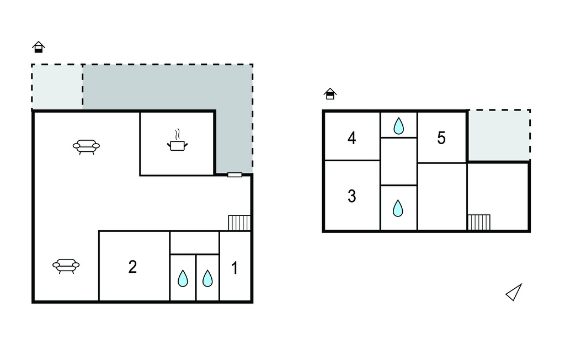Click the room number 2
point(132,267)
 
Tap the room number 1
point(234,268)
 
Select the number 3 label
point(352,196)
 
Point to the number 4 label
point(352,137)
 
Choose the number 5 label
point(441,138)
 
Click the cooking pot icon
point(177,145)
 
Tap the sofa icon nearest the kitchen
point(86,146)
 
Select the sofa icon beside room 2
point(66,266)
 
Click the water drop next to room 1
point(207,279)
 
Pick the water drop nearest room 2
point(183,279)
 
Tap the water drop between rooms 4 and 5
point(398,126)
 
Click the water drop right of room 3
point(398,208)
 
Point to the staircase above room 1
point(239,223)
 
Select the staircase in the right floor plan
point(479,222)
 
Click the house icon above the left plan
point(38,47)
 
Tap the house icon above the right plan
point(330,94)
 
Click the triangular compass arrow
point(514,293)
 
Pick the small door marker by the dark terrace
point(234,175)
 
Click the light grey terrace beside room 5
point(499,135)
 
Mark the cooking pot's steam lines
point(177,134)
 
